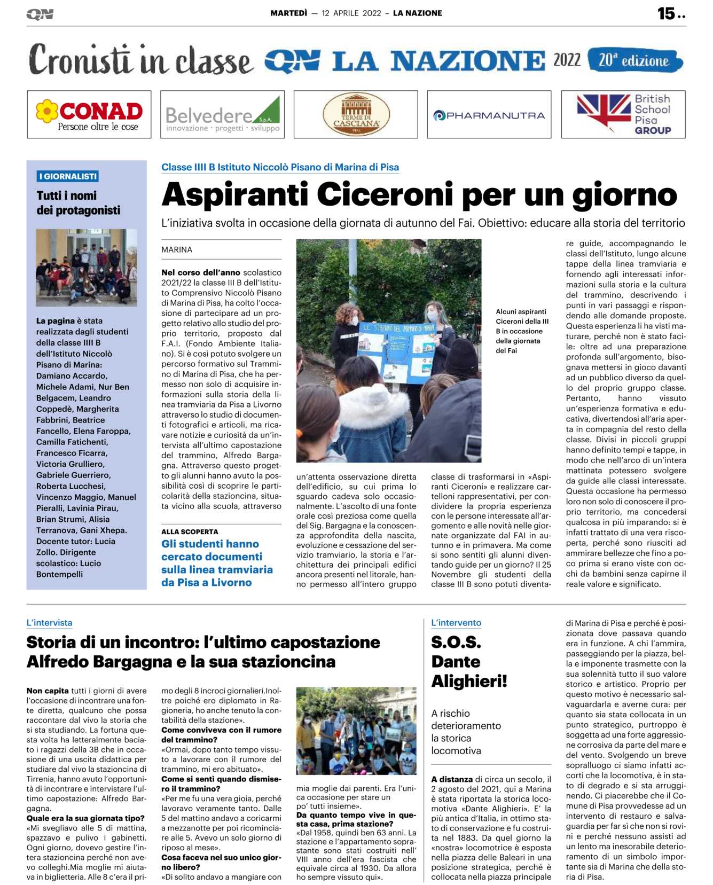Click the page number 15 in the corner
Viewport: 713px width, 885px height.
pyautogui.click(x=667, y=13)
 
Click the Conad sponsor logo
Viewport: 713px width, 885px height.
pyautogui.click(x=89, y=114)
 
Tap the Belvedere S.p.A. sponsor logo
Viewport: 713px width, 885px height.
pyautogui.click(x=222, y=114)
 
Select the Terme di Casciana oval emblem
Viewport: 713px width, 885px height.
pyautogui.click(x=356, y=114)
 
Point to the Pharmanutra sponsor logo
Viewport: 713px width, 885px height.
pyautogui.click(x=489, y=115)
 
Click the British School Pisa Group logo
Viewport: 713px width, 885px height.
pyautogui.click(x=623, y=114)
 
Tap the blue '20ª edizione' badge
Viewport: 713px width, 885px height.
pyautogui.click(x=634, y=60)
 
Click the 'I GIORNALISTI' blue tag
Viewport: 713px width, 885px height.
pyautogui.click(x=68, y=176)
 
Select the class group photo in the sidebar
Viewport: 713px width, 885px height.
pyautogui.click(x=86, y=267)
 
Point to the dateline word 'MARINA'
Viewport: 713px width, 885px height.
pyautogui.click(x=177, y=249)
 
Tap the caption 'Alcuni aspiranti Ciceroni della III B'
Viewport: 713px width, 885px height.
pyautogui.click(x=521, y=331)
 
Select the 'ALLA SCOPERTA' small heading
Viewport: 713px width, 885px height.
pyautogui.click(x=190, y=531)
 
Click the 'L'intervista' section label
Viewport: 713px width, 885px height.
pyautogui.click(x=49, y=623)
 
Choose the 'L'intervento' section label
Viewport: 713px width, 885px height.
pyautogui.click(x=456, y=623)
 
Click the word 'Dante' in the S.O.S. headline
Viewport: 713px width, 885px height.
pyautogui.click(x=456, y=662)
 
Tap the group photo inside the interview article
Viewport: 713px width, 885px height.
pyautogui.click(x=356, y=731)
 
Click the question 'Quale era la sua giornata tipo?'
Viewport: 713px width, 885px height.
pyautogui.click(x=85, y=818)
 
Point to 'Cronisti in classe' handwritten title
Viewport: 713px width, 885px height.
pyautogui.click(x=140, y=60)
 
